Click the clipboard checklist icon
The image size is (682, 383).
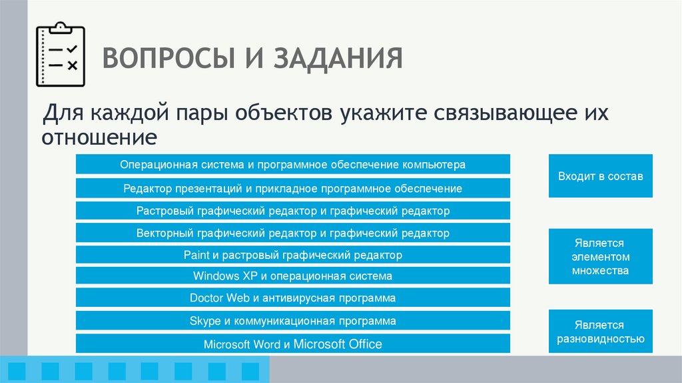click(61, 56)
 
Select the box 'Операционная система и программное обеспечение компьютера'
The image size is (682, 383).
click(293, 164)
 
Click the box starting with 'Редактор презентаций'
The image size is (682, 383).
click(293, 189)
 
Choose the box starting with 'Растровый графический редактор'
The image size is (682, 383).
click(293, 211)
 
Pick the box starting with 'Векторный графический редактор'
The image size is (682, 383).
click(293, 233)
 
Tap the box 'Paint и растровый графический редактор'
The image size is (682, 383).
click(293, 255)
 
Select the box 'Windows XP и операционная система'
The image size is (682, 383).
click(293, 276)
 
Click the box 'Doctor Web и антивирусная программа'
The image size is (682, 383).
click(293, 298)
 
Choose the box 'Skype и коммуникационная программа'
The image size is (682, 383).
click(293, 321)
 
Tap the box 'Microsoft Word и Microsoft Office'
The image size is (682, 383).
click(293, 344)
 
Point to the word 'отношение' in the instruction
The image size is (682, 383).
click(100, 137)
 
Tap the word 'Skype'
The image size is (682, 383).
click(204, 321)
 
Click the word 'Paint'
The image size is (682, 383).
click(196, 255)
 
